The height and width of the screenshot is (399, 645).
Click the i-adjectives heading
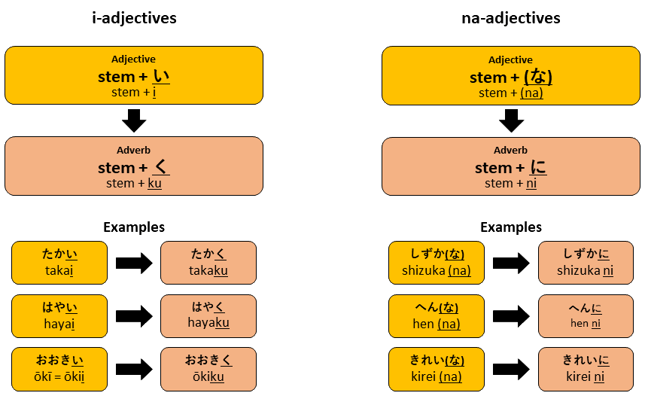tap(134, 17)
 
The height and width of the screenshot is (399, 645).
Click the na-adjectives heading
tap(511, 17)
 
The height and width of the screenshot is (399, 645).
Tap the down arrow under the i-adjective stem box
tap(134, 120)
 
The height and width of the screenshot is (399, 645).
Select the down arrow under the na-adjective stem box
tap(511, 120)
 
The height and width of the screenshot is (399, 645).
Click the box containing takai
tap(59, 263)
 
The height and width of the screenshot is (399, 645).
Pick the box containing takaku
tap(208, 263)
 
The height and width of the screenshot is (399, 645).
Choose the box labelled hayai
tap(59, 315)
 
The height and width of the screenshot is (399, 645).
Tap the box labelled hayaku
tap(208, 315)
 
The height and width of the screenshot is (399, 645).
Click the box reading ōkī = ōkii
tap(59, 368)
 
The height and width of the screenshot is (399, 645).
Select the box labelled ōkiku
tap(208, 368)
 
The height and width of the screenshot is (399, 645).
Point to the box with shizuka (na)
tap(436, 263)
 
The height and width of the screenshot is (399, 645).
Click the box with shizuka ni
tap(586, 263)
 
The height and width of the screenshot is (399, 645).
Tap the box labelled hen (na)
tap(436, 315)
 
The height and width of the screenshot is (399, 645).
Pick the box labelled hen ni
tap(586, 315)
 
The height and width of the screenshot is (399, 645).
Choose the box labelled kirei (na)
tap(436, 368)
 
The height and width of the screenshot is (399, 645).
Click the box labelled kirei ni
tap(586, 368)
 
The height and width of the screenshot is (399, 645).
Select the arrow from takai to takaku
tap(134, 263)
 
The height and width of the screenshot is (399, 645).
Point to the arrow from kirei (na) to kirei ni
tap(511, 368)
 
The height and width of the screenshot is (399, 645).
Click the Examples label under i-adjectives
tap(134, 227)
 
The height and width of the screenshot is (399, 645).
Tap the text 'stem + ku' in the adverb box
tap(134, 183)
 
